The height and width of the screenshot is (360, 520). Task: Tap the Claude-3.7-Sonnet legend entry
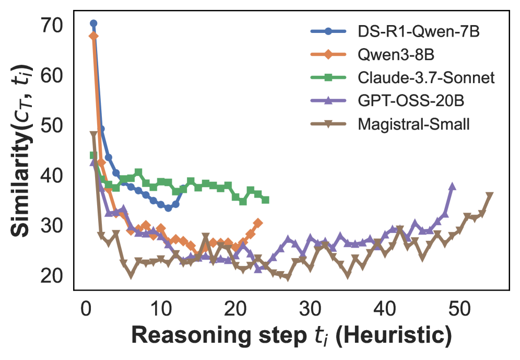pyautogui.click(x=426, y=78)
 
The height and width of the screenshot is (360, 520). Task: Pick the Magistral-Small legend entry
pyautogui.click(x=414, y=125)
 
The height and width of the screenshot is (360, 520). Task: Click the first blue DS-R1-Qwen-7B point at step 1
pyautogui.click(x=93, y=24)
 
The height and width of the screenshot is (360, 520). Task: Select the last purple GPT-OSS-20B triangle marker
pyautogui.click(x=452, y=187)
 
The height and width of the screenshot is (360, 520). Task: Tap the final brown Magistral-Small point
pyautogui.click(x=490, y=195)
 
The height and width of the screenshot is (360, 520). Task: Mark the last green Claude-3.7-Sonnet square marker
pyautogui.click(x=265, y=200)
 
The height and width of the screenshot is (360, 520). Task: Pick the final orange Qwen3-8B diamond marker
pyautogui.click(x=258, y=223)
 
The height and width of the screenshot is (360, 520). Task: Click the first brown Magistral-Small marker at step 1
pyautogui.click(x=94, y=134)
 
